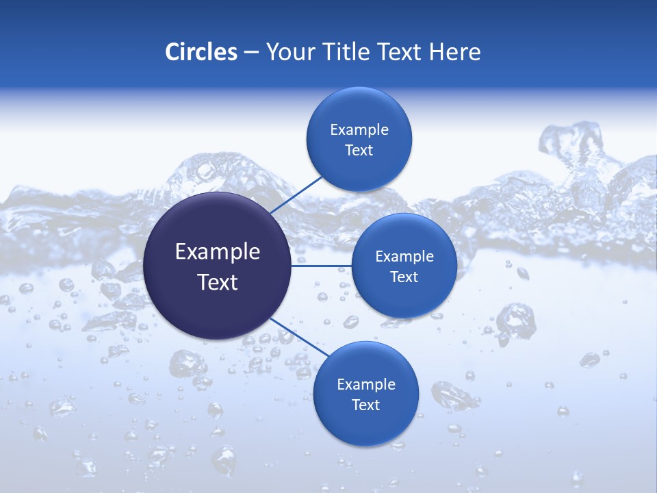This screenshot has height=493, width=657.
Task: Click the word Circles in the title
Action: [x=201, y=52]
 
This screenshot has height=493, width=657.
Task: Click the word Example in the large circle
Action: [x=218, y=252]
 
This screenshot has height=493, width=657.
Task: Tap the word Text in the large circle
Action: [x=218, y=282]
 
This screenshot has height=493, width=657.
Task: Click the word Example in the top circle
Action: [x=359, y=130]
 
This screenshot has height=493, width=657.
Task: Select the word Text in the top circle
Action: [x=359, y=151]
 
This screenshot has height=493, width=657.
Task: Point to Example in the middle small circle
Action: [x=404, y=257]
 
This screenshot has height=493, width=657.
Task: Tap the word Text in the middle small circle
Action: [x=404, y=277]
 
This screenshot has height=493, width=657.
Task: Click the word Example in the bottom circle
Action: [x=366, y=385]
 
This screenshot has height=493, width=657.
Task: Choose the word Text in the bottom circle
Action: [x=365, y=405]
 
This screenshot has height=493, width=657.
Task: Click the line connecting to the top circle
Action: [x=298, y=194]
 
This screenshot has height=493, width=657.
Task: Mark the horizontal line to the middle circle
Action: [x=322, y=266]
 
